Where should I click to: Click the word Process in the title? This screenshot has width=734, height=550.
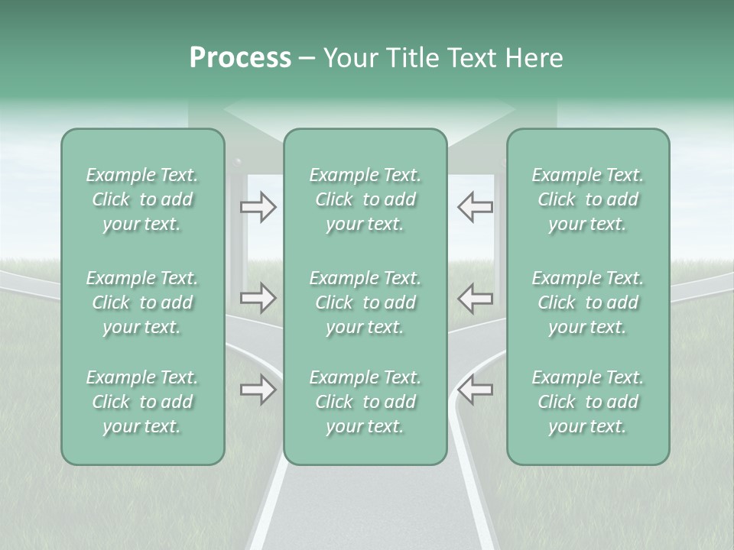[240, 58]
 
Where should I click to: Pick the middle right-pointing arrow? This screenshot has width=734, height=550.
[258, 298]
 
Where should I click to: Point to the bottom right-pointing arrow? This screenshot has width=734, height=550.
[258, 390]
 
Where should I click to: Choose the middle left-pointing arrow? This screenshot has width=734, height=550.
[475, 298]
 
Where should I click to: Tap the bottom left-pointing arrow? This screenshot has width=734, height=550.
[475, 390]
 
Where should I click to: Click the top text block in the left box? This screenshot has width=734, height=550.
[142, 199]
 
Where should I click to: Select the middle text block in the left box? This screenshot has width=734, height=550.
[142, 302]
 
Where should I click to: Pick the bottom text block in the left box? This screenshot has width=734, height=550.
[142, 402]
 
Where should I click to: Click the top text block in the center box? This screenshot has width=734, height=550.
[365, 199]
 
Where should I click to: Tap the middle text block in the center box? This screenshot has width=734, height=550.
[365, 302]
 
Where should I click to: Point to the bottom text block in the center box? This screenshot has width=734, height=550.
[365, 402]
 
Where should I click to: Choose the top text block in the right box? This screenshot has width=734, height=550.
[588, 199]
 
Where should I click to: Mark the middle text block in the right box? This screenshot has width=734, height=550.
[588, 302]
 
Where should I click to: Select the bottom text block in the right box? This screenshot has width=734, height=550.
[588, 402]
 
